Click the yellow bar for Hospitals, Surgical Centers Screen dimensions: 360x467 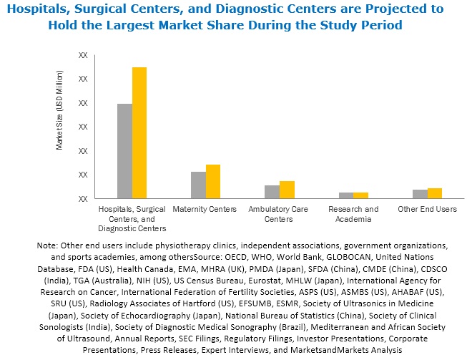(x=139, y=132)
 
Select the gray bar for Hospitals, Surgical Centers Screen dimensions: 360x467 (x=124, y=151)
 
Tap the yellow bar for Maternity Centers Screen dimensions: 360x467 (x=213, y=181)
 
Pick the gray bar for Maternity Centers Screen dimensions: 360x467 (x=198, y=185)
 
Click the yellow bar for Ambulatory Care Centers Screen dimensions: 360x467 (x=287, y=190)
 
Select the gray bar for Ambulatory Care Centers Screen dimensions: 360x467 (x=272, y=192)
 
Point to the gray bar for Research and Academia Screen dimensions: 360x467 (x=346, y=195)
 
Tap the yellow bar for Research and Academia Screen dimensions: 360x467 (x=361, y=195)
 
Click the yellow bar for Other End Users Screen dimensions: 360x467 (x=435, y=193)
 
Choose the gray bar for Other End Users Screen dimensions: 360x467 (x=420, y=194)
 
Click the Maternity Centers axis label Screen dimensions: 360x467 (x=205, y=209)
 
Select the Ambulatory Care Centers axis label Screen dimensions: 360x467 (x=279, y=214)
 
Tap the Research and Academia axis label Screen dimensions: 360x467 (x=353, y=214)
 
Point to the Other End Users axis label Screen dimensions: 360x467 (x=427, y=209)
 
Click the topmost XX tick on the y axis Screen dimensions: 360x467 (x=83, y=55)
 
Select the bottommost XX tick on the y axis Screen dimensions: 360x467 (x=83, y=199)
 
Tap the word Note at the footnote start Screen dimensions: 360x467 (x=48, y=245)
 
